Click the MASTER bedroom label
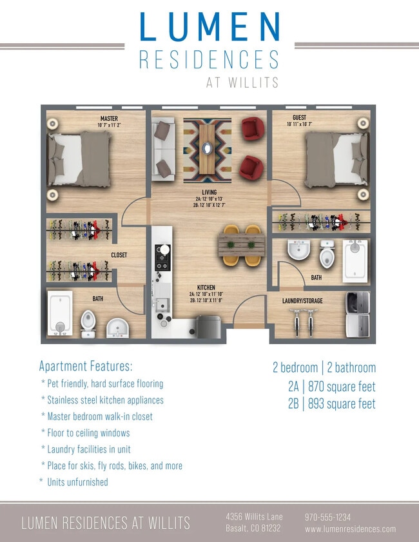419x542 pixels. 109,119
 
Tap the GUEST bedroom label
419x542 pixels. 299,117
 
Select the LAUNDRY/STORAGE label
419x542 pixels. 302,301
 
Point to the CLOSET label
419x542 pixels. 119,255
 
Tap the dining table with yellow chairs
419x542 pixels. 240,245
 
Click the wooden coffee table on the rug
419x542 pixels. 208,148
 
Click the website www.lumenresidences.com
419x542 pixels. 350,529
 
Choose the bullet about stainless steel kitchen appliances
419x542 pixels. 102,400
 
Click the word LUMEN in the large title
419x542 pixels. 209,28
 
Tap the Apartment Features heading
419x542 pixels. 86,366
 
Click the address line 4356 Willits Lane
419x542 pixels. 254,517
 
